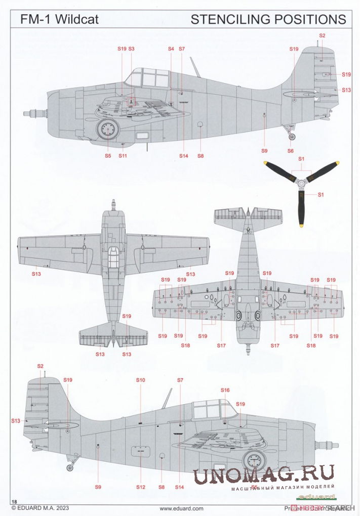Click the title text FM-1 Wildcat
pyautogui.click(x=59, y=20)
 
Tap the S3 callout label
pyautogui.click(x=131, y=49)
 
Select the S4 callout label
pyautogui.click(x=171, y=49)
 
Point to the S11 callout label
pyautogui.click(x=123, y=156)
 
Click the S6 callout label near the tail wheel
pyautogui.click(x=291, y=151)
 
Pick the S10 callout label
pyautogui.click(x=140, y=380)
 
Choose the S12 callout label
pyautogui.click(x=140, y=487)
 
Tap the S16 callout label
pyautogui.click(x=225, y=390)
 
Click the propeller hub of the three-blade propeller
pyautogui.click(x=301, y=184)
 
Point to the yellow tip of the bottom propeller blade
pyautogui.click(x=302, y=224)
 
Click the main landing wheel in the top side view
pyautogui.click(x=108, y=130)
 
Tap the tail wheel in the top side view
pyautogui.click(x=292, y=136)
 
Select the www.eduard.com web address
pyautogui.click(x=181, y=508)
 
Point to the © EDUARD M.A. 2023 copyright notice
pyautogui.click(x=40, y=508)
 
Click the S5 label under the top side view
pyautogui.click(x=108, y=156)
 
